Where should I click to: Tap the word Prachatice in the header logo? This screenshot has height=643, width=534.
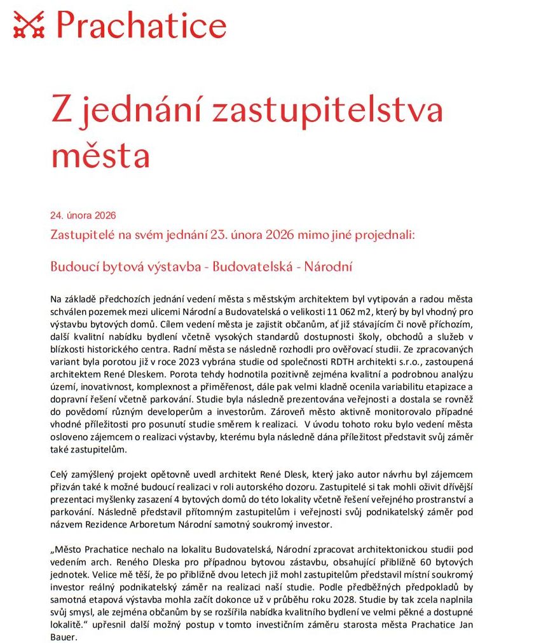click(141, 25)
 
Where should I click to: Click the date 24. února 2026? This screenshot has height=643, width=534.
click(83, 215)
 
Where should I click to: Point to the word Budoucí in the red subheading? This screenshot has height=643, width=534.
click(70, 266)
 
